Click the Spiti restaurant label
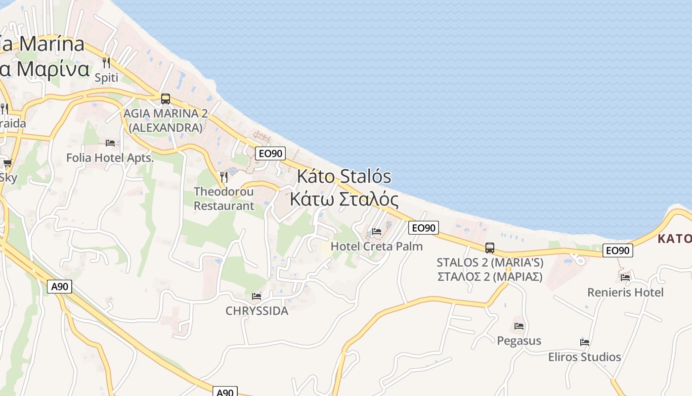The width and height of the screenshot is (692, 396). [106, 78]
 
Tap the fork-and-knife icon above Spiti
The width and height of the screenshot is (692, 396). [106, 63]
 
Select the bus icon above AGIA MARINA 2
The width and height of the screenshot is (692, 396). [165, 99]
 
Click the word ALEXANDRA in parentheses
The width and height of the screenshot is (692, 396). [165, 128]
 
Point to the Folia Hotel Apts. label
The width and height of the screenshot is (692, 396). [110, 158]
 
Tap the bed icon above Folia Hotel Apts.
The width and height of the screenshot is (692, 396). [110, 143]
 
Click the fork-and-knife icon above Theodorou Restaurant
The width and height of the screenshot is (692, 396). [224, 176]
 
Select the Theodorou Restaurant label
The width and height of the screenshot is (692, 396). [224, 198]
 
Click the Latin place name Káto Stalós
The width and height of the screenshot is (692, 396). [344, 177]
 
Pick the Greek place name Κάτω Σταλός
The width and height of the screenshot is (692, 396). [344, 199]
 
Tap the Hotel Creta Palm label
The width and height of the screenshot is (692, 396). [377, 246]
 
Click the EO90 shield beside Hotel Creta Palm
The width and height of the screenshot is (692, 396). [424, 228]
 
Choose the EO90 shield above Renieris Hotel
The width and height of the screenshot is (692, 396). [618, 250]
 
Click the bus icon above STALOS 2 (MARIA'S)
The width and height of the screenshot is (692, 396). [490, 247]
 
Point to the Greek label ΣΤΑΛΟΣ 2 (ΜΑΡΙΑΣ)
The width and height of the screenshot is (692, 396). [490, 277]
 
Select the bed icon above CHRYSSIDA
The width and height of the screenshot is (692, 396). [257, 297]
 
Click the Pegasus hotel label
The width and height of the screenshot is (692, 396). [519, 341]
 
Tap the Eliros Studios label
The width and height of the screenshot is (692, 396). [585, 357]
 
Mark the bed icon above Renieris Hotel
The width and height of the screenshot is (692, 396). [625, 277]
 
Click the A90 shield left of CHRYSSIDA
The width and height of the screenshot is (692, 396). [60, 286]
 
